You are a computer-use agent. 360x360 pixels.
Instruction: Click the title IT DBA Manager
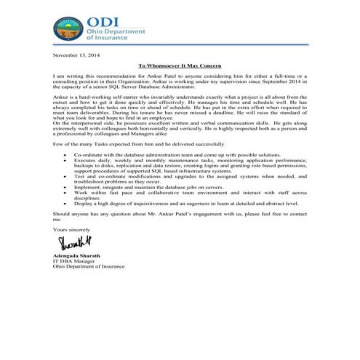(71, 262)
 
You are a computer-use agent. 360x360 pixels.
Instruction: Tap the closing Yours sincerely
(70, 228)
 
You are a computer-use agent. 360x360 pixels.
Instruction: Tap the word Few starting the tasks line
(58, 145)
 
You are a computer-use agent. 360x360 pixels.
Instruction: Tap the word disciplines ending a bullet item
(87, 198)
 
